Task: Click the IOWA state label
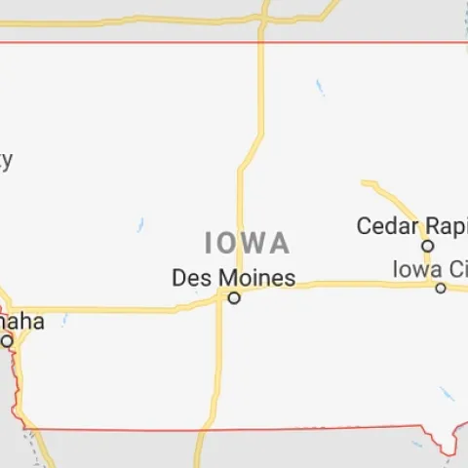[247, 242]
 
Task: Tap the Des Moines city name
[233, 278]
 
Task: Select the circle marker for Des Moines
[234, 298]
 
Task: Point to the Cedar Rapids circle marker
[427, 246]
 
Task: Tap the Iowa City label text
[430, 268]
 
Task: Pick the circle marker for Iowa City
[441, 288]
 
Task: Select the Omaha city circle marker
[8, 340]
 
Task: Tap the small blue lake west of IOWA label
[140, 224]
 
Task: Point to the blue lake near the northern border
[319, 88]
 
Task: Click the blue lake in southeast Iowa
[446, 394]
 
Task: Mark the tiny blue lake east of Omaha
[64, 320]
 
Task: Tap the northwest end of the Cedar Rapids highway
[365, 182]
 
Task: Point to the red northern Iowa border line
[146, 42]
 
